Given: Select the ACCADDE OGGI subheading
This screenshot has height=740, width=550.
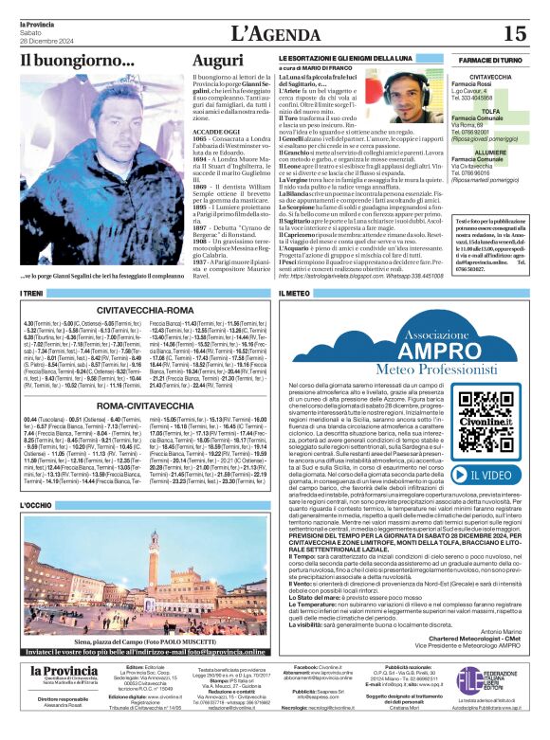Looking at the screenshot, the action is [216, 129].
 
